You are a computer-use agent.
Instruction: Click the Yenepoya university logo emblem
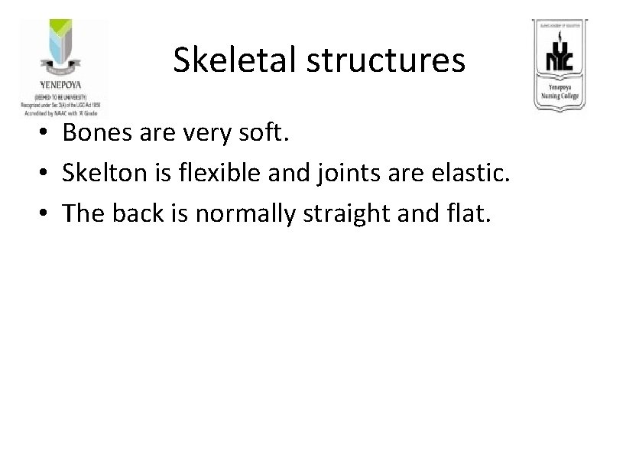(x=63, y=50)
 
